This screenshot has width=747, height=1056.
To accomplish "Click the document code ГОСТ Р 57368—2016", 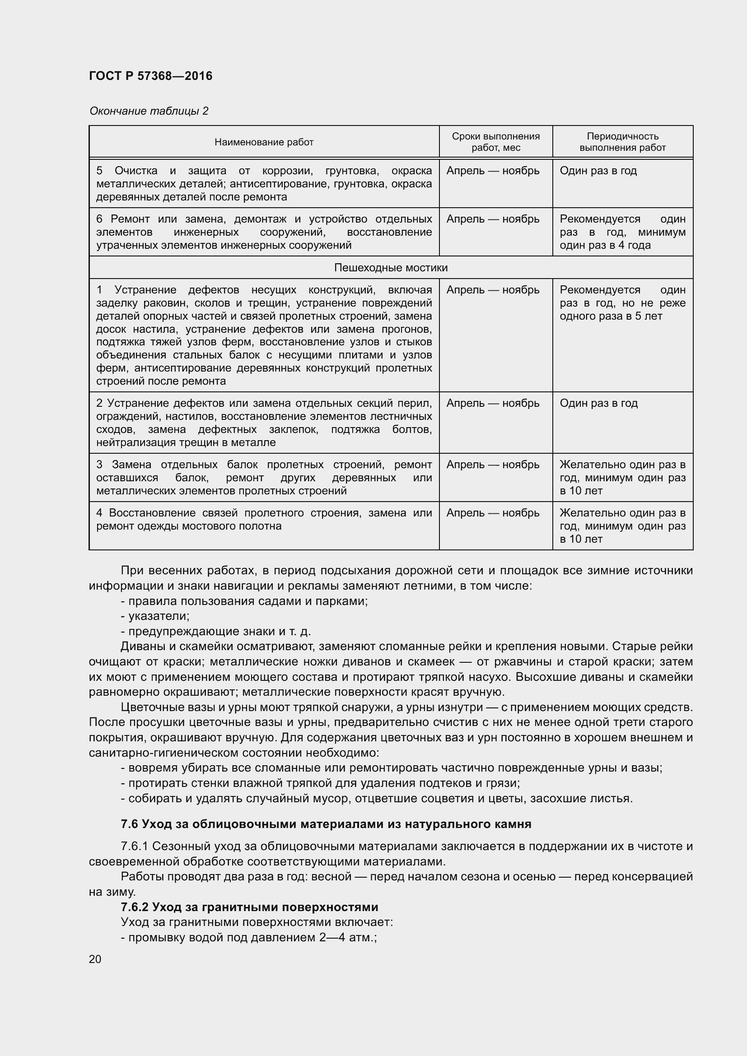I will (x=150, y=76).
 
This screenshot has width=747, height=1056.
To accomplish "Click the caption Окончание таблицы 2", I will (x=149, y=111).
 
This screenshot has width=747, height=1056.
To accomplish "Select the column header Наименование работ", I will (x=264, y=142).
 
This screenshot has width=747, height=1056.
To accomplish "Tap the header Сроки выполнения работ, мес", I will (x=495, y=142).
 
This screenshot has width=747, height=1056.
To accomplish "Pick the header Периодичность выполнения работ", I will (x=622, y=142).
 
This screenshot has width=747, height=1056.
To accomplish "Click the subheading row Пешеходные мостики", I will (x=391, y=268).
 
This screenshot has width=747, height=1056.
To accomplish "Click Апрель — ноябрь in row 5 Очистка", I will (x=493, y=171).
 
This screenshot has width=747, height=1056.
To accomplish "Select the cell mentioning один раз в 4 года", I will (x=622, y=232).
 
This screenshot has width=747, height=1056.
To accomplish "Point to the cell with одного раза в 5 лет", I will (x=622, y=303).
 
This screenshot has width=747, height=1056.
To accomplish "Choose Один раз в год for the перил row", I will (x=598, y=403).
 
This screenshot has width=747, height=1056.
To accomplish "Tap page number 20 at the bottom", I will (x=95, y=959).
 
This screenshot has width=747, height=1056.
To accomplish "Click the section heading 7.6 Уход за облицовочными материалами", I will (x=326, y=824).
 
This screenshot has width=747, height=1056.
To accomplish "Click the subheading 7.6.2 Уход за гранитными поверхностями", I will (x=249, y=907).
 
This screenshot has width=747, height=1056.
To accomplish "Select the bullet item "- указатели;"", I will (x=155, y=616).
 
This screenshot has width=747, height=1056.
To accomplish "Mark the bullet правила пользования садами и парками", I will (x=244, y=601).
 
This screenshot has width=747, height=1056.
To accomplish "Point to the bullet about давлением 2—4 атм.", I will (x=248, y=937).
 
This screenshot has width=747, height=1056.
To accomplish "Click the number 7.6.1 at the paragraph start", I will (x=134, y=846).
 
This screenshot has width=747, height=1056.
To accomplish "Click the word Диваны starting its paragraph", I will (x=138, y=646).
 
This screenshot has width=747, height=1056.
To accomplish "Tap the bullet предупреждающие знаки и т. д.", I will (x=216, y=631).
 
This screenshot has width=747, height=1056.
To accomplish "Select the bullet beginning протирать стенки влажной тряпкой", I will (x=320, y=783).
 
